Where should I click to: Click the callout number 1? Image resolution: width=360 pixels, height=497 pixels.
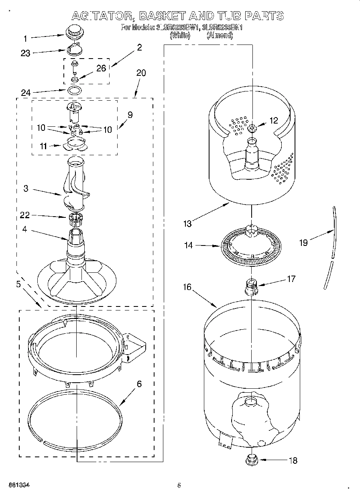(25, 39)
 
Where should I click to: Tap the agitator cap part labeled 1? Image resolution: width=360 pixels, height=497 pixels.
(73, 31)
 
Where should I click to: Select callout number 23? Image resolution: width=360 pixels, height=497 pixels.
(25, 53)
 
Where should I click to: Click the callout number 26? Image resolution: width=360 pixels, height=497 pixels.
(101, 68)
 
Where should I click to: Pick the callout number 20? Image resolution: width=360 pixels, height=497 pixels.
(141, 73)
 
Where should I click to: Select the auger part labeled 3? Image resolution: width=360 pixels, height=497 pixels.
(75, 185)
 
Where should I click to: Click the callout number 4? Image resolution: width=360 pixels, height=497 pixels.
(25, 230)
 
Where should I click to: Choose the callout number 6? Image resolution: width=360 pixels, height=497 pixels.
(139, 384)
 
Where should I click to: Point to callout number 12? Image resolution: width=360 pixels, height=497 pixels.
(273, 120)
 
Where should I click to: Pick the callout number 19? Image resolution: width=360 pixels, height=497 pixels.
(303, 243)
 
